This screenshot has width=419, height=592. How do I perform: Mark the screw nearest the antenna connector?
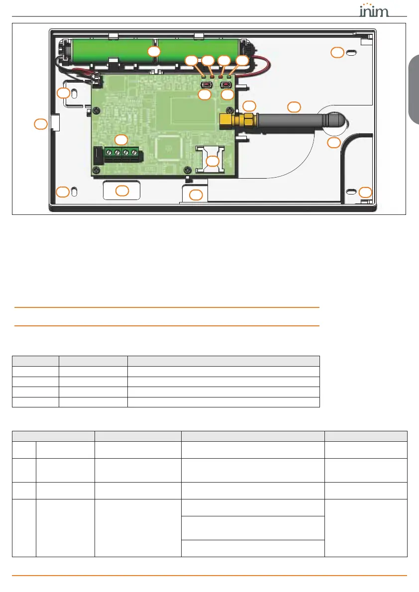228,110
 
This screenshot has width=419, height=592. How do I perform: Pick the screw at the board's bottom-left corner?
96,171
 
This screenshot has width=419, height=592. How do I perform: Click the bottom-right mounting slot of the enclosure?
351,192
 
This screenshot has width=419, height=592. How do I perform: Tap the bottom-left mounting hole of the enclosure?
74,192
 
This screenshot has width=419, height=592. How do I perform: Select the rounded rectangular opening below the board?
121,190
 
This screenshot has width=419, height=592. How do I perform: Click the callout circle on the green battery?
154,51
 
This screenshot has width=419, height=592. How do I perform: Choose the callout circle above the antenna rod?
294,106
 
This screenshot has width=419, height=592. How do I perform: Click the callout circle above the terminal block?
121,139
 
